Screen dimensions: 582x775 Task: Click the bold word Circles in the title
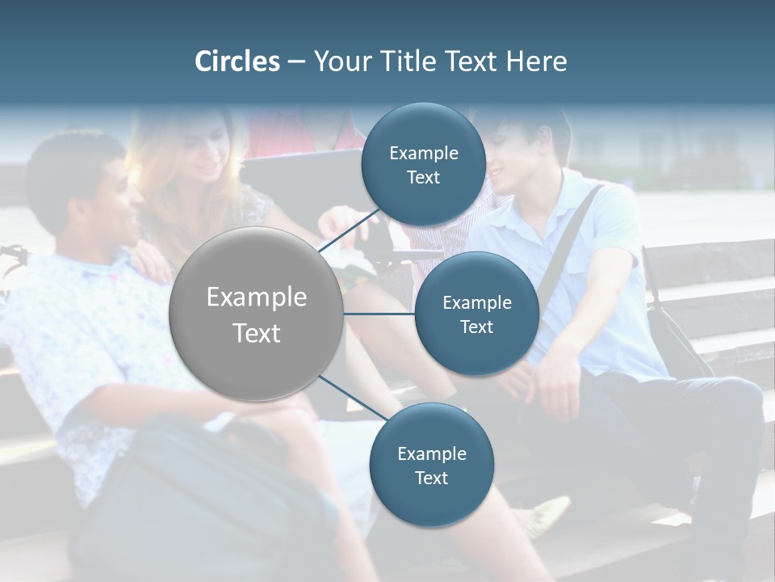point(237,61)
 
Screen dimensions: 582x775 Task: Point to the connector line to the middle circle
point(379,313)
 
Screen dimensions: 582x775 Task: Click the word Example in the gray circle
point(257,297)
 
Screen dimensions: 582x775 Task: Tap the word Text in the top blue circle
point(423,178)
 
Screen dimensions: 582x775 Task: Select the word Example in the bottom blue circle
point(431,454)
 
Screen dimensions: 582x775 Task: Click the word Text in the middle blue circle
point(476,327)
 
